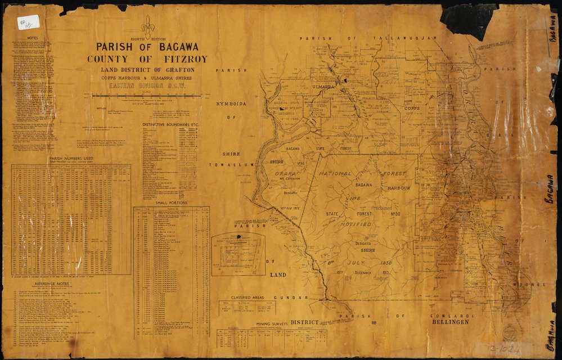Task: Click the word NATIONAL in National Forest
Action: click(x=336, y=174)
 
